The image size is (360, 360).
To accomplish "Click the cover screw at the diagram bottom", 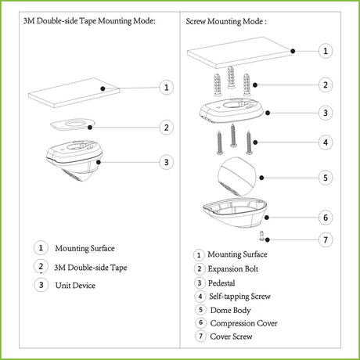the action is pos(262,236).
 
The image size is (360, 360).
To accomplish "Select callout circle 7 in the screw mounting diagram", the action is pos(326,239).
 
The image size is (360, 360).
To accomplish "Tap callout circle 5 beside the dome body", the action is pos(326,178).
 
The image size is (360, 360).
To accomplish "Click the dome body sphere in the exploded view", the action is pos(237,176).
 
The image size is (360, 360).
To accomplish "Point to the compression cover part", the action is pos(235,212).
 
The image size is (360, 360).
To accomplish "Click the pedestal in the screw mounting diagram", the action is pos(232,110).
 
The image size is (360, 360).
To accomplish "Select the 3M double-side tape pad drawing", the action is pos(73,124).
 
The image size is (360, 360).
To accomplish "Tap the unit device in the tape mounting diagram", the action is pos(74,160).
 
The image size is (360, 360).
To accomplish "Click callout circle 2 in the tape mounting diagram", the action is pos(166,128).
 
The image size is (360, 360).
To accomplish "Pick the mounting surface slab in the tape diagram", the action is pos(74,92).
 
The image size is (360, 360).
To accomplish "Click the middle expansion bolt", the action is pos(231,77).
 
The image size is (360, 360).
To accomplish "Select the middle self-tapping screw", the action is pos(233,135).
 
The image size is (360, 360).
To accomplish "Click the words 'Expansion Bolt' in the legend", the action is pos(233,269).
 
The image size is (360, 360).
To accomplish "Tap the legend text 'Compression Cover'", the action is pos(243,323).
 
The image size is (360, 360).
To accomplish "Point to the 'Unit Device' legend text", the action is pos(75,286).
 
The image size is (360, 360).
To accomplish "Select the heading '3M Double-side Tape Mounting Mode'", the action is pos(88,21).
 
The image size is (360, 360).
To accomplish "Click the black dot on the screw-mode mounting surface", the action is pos(293,51).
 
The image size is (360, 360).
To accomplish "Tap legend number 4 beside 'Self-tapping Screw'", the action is pos(200,297).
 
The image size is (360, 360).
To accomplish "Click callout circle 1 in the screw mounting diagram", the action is pos(326,51).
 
